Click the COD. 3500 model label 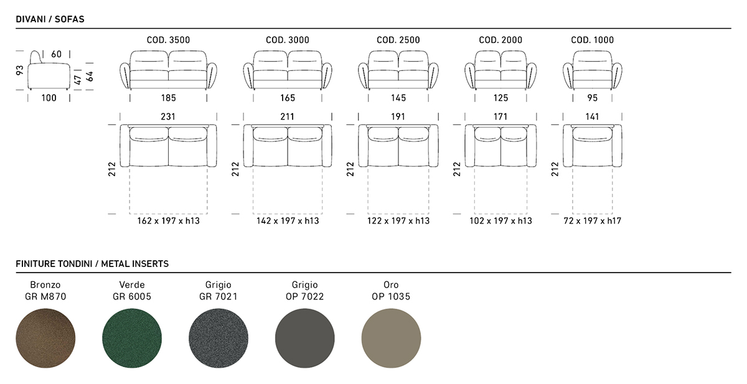[168, 40]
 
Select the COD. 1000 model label [592, 40]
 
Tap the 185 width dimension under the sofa [169, 98]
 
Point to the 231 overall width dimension [168, 116]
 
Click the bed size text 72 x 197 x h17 [592, 221]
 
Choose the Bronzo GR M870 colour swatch [45, 338]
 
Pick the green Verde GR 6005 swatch [132, 338]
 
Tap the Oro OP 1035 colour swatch [391, 338]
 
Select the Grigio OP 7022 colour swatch [305, 338]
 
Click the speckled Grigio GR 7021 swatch [218, 338]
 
